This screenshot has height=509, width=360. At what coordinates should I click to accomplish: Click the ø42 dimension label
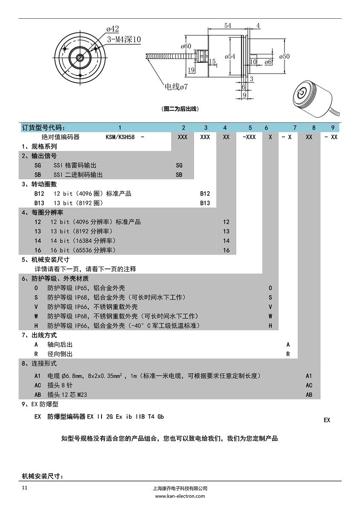tap(113, 29)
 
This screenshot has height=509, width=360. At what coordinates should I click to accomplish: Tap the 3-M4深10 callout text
tap(124, 40)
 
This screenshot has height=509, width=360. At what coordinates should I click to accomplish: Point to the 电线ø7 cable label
tap(176, 87)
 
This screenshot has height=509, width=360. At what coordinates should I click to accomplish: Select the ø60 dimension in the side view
tap(186, 46)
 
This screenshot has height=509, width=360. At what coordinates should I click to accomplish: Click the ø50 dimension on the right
tap(284, 56)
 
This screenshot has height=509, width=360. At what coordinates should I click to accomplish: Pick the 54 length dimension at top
tap(228, 26)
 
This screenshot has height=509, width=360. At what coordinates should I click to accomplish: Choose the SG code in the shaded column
tap(179, 165)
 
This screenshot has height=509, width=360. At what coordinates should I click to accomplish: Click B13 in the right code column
tap(205, 203)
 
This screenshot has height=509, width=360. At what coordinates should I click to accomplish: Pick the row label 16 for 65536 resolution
tap(38, 250)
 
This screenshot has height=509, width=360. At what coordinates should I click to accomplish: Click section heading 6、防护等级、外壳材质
tap(55, 279)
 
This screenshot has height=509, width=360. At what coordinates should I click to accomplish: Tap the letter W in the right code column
tap(270, 316)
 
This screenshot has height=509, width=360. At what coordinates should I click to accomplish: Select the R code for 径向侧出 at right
tap(288, 354)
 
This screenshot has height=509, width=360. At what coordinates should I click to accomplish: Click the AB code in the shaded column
tap(309, 395)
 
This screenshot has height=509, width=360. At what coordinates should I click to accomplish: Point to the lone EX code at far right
tap(327, 420)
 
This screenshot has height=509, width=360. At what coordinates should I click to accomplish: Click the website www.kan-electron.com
tap(180, 496)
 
